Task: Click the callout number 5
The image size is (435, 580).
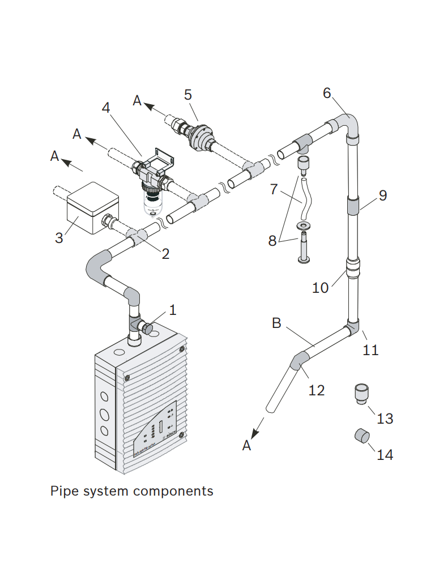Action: (188, 95)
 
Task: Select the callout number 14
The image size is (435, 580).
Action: (385, 454)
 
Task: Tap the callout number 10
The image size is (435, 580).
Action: (320, 288)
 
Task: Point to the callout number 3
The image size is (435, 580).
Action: (59, 238)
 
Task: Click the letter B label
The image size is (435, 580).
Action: (276, 323)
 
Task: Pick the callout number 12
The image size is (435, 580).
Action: (317, 390)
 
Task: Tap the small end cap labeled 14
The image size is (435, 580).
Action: (361, 437)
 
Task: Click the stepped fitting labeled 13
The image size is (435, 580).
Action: (360, 393)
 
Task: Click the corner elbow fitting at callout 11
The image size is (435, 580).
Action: (353, 327)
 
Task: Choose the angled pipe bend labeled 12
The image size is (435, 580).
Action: (300, 360)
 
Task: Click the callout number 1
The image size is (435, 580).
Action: (173, 310)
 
